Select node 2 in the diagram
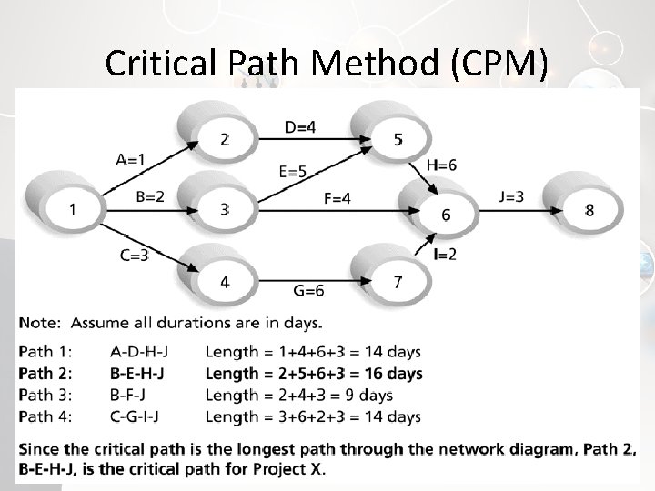pyautogui.click(x=224, y=138)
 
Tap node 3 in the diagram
pyautogui.click(x=224, y=210)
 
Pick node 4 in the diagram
pyautogui.click(x=224, y=283)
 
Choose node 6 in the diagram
pyautogui.click(x=445, y=215)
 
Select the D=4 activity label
pyautogui.click(x=301, y=128)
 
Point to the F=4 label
pyautogui.click(x=336, y=198)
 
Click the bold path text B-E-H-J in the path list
pyautogui.click(x=142, y=374)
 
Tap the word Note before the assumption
pyautogui.click(x=39, y=322)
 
